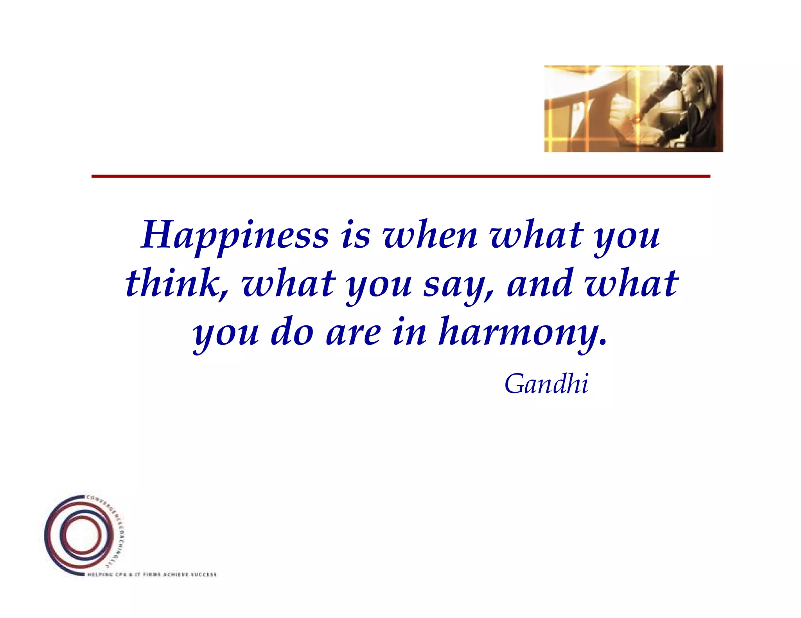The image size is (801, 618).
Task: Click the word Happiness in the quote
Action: (235, 236)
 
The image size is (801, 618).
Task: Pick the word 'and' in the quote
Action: (541, 283)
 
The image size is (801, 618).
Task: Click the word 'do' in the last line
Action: (292, 332)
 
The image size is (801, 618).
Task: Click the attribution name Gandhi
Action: (546, 384)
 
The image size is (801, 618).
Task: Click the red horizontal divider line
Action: (400, 176)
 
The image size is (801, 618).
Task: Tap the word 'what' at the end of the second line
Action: (631, 283)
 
